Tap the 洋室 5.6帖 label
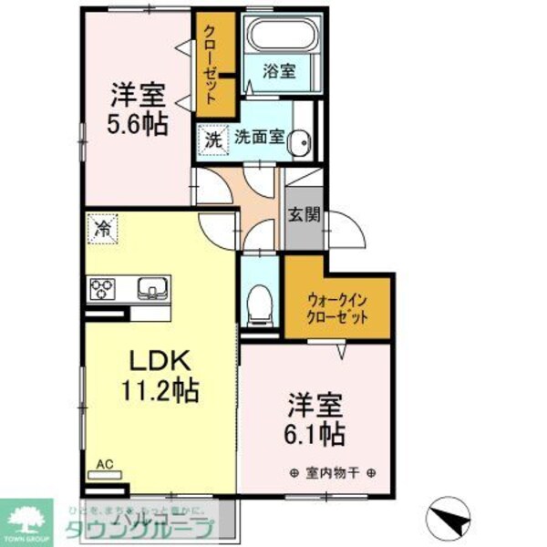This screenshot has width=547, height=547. (x=139, y=108)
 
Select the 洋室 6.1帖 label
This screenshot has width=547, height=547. (x=316, y=418)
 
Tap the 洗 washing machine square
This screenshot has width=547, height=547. (x=212, y=140)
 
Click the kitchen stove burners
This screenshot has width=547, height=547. (x=101, y=289)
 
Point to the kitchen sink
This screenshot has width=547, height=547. (x=150, y=289)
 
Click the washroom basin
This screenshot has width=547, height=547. (x=304, y=140)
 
